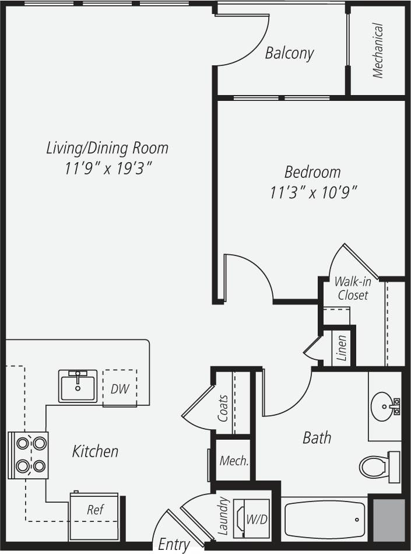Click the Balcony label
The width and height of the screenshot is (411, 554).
click(289, 53)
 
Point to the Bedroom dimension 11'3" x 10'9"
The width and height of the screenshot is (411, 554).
click(312, 192)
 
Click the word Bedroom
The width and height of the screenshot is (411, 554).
click(312, 172)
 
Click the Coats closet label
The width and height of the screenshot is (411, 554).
click(223, 408)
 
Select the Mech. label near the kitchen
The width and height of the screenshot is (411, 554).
click(234, 461)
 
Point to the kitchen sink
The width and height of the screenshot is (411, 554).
click(78, 386)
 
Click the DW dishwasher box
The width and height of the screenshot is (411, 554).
click(120, 388)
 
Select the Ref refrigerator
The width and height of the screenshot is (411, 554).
click(94, 509)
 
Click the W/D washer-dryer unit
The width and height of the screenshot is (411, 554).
click(252, 518)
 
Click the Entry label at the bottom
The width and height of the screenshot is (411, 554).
click(174, 545)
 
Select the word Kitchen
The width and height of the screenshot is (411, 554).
click(95, 451)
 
